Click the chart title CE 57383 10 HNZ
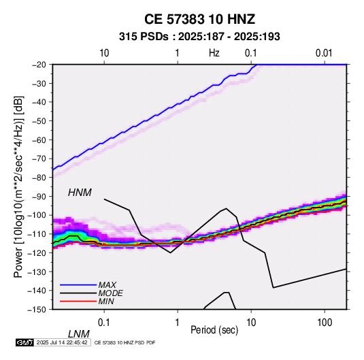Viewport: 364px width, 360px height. tap(199, 19)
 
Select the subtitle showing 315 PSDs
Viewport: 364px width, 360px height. tap(199, 37)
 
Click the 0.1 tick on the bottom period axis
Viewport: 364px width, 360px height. tap(104, 323)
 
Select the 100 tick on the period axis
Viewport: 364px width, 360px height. tap(325, 323)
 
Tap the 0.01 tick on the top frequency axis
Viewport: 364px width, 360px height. tap(324, 53)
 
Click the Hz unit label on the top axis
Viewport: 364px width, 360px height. tap(214, 53)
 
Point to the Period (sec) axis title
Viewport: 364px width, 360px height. tap(214, 330)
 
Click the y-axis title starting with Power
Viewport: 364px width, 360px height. tap(18, 186)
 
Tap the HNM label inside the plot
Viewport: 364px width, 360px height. tap(80, 193)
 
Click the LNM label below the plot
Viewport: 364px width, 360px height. tap(79, 334)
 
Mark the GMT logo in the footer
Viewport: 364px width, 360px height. tap(24, 342)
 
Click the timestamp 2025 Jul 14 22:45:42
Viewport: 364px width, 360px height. tap(62, 342)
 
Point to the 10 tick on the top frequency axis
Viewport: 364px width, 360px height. tap(104, 53)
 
